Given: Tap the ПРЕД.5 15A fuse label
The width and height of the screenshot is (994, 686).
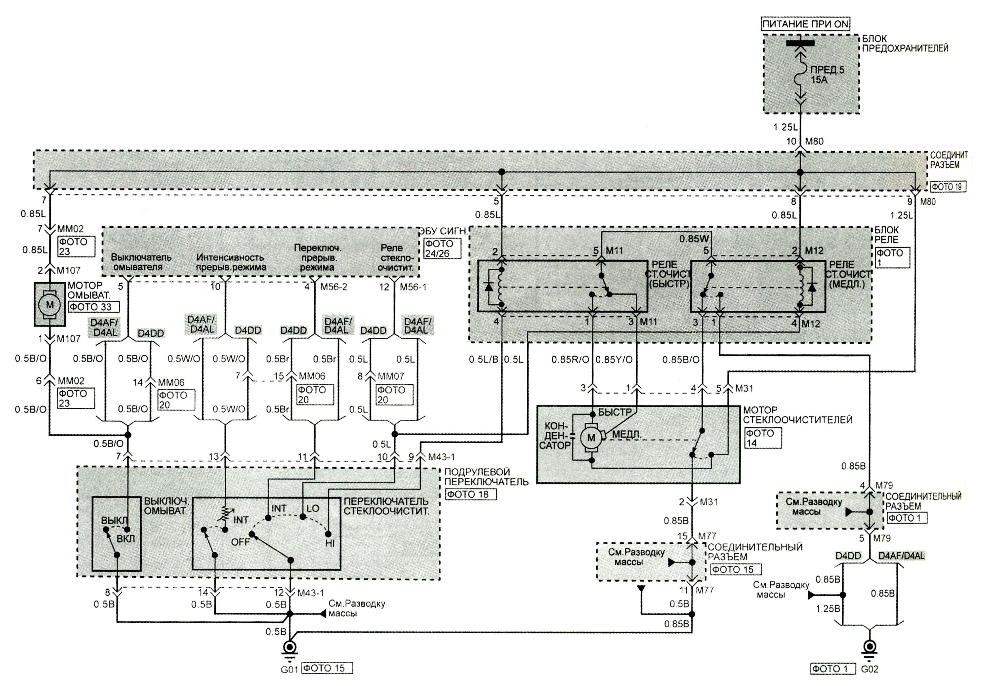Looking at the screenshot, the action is click(x=827, y=74).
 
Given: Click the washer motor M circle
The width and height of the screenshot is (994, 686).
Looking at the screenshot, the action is click(x=50, y=305).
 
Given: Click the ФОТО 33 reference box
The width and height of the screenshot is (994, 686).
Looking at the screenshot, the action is click(x=93, y=307).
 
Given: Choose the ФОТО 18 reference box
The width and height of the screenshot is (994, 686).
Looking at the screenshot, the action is click(x=470, y=494).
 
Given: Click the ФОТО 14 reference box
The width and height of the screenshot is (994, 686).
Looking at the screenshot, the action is click(x=763, y=438).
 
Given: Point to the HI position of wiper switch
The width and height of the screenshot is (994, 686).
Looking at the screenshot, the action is click(x=330, y=543).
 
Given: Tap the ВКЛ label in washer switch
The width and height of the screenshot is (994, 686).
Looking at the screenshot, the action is click(x=125, y=539).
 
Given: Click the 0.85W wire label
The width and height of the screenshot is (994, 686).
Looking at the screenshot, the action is click(x=694, y=239).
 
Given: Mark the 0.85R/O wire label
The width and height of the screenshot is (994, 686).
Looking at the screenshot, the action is click(x=570, y=359).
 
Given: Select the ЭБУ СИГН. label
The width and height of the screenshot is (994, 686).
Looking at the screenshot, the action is click(x=443, y=231).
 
